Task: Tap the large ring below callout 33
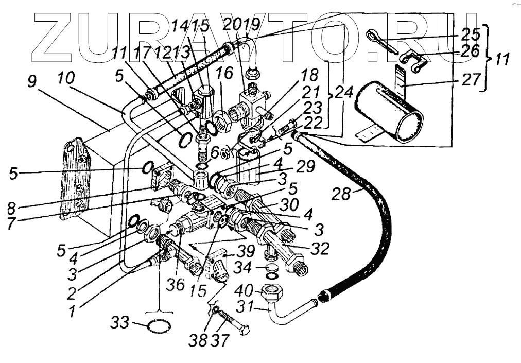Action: (159, 325)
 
